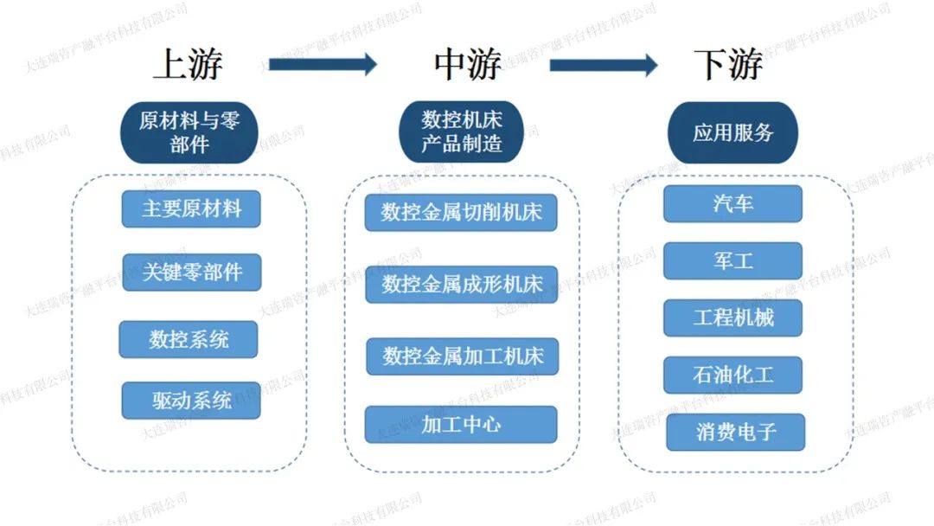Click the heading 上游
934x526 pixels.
tap(188, 64)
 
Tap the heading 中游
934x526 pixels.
tap(467, 64)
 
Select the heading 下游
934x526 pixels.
tap(728, 64)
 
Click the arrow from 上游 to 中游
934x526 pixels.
tap(323, 64)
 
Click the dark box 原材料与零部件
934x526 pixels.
tap(189, 131)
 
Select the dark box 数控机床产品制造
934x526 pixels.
tap(461, 131)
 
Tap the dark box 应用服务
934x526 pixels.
tap(732, 132)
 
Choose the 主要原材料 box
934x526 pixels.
tap(191, 208)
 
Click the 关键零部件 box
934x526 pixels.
tap(191, 273)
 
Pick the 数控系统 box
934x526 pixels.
tap(189, 339)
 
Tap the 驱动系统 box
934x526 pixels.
tap(191, 401)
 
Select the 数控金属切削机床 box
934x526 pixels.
tap(461, 212)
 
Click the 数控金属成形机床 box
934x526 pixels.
tap(462, 284)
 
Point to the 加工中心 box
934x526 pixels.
tap(461, 424)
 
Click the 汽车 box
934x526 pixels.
tap(733, 203)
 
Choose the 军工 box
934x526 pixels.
tap(733, 260)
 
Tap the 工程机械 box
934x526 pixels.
tap(733, 318)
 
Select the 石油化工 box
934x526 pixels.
tap(733, 375)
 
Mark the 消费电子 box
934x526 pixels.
tap(736, 432)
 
